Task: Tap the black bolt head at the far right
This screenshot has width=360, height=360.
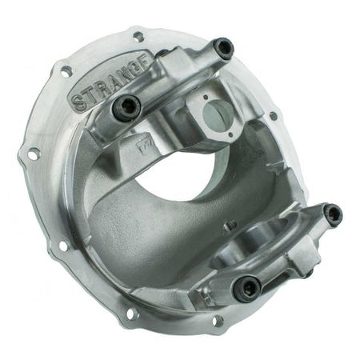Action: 332,214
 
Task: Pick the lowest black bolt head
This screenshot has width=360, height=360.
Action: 248,286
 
